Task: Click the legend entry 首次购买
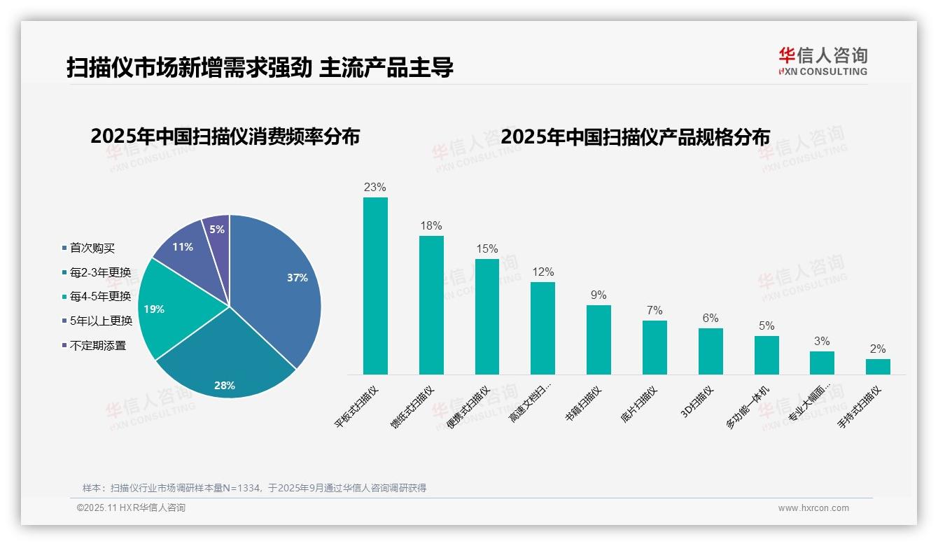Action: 92,248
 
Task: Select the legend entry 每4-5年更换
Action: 100,296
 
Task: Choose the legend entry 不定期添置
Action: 97,345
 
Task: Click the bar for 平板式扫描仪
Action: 375,287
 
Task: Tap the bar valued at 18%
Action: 431,305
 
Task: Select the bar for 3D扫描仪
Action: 710,351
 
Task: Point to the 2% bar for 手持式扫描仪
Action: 878,367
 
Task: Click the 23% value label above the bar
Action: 375,188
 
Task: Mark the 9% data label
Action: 598,295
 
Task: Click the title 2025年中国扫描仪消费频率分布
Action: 225,136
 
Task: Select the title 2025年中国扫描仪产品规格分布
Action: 635,136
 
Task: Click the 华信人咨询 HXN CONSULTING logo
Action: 822,61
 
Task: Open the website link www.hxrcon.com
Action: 813,508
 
